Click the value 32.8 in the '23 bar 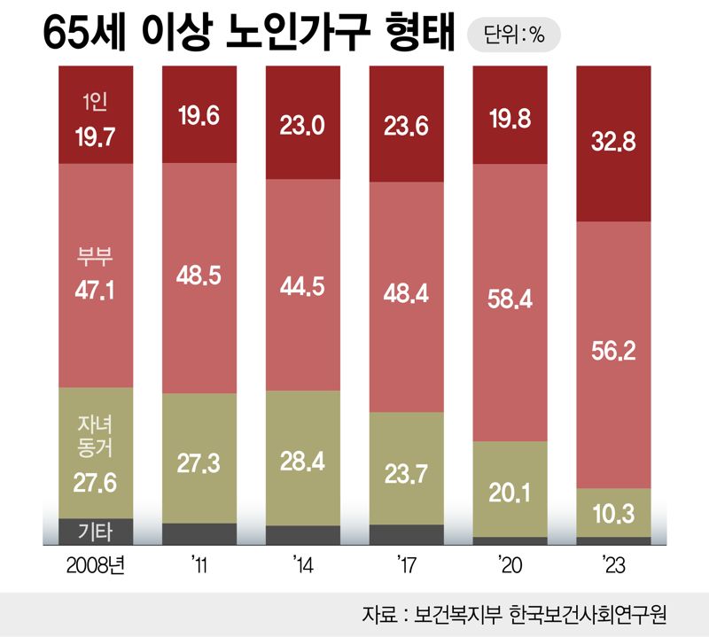[613, 142]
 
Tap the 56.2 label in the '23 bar [613, 353]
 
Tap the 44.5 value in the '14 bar [302, 288]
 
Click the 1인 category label [95, 103]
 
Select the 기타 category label [95, 532]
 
